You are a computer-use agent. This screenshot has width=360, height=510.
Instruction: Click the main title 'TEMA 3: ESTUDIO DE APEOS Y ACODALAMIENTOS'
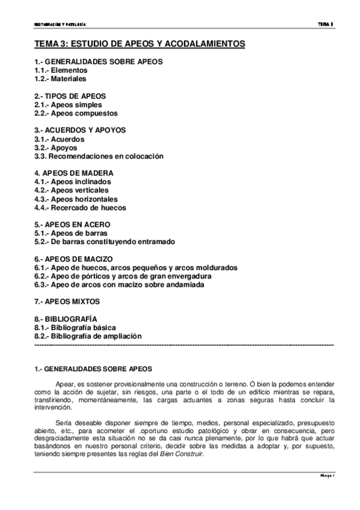click(x=139, y=44)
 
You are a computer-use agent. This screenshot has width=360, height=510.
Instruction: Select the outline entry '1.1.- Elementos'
click(x=61, y=70)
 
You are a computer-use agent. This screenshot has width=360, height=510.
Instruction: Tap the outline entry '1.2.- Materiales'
click(x=60, y=78)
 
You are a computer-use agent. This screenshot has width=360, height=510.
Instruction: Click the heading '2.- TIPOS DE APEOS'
click(x=70, y=96)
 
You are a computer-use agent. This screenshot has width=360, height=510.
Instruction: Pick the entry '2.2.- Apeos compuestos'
click(x=76, y=113)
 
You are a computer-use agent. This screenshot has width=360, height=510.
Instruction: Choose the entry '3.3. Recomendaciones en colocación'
click(x=99, y=156)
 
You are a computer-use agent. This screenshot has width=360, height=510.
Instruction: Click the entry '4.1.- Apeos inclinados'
click(x=73, y=182)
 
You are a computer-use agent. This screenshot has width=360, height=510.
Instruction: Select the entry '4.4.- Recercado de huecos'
click(x=80, y=207)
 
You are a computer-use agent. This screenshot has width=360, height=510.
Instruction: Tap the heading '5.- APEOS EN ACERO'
click(x=72, y=224)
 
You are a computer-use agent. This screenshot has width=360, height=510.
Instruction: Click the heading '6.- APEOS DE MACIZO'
click(x=73, y=259)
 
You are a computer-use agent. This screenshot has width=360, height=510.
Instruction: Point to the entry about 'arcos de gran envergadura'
click(x=123, y=276)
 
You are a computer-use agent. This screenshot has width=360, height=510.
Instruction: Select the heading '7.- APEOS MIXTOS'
click(x=67, y=301)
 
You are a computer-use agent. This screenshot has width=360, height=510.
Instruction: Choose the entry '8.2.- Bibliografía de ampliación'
click(x=88, y=336)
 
